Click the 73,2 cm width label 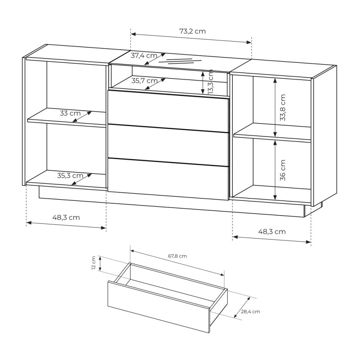(x=192, y=31)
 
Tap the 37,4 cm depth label (x=144, y=56)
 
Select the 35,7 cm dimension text (x=144, y=81)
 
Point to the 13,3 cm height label (x=210, y=82)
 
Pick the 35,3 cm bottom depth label (x=70, y=176)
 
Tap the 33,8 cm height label (x=283, y=108)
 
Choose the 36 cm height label (x=283, y=170)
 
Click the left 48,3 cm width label (x=66, y=218)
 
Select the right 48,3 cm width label (x=272, y=232)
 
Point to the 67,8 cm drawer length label (x=178, y=256)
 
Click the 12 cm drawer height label (x=94, y=263)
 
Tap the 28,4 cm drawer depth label (x=250, y=312)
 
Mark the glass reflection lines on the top (x=180, y=61)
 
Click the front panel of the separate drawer (x=159, y=306)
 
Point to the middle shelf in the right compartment (x=272, y=132)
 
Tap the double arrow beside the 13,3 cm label (x=203, y=82)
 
